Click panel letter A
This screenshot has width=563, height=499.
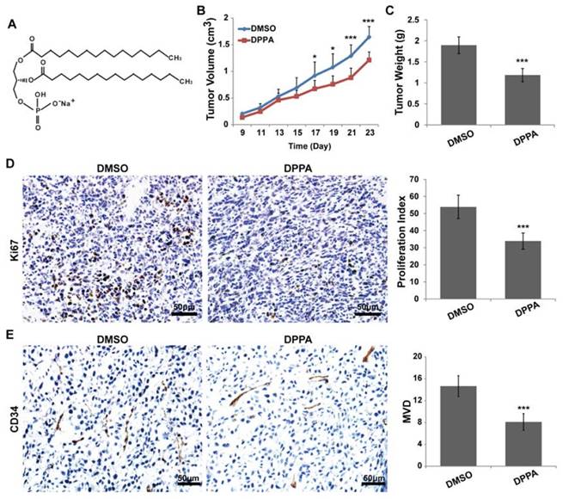12,25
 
